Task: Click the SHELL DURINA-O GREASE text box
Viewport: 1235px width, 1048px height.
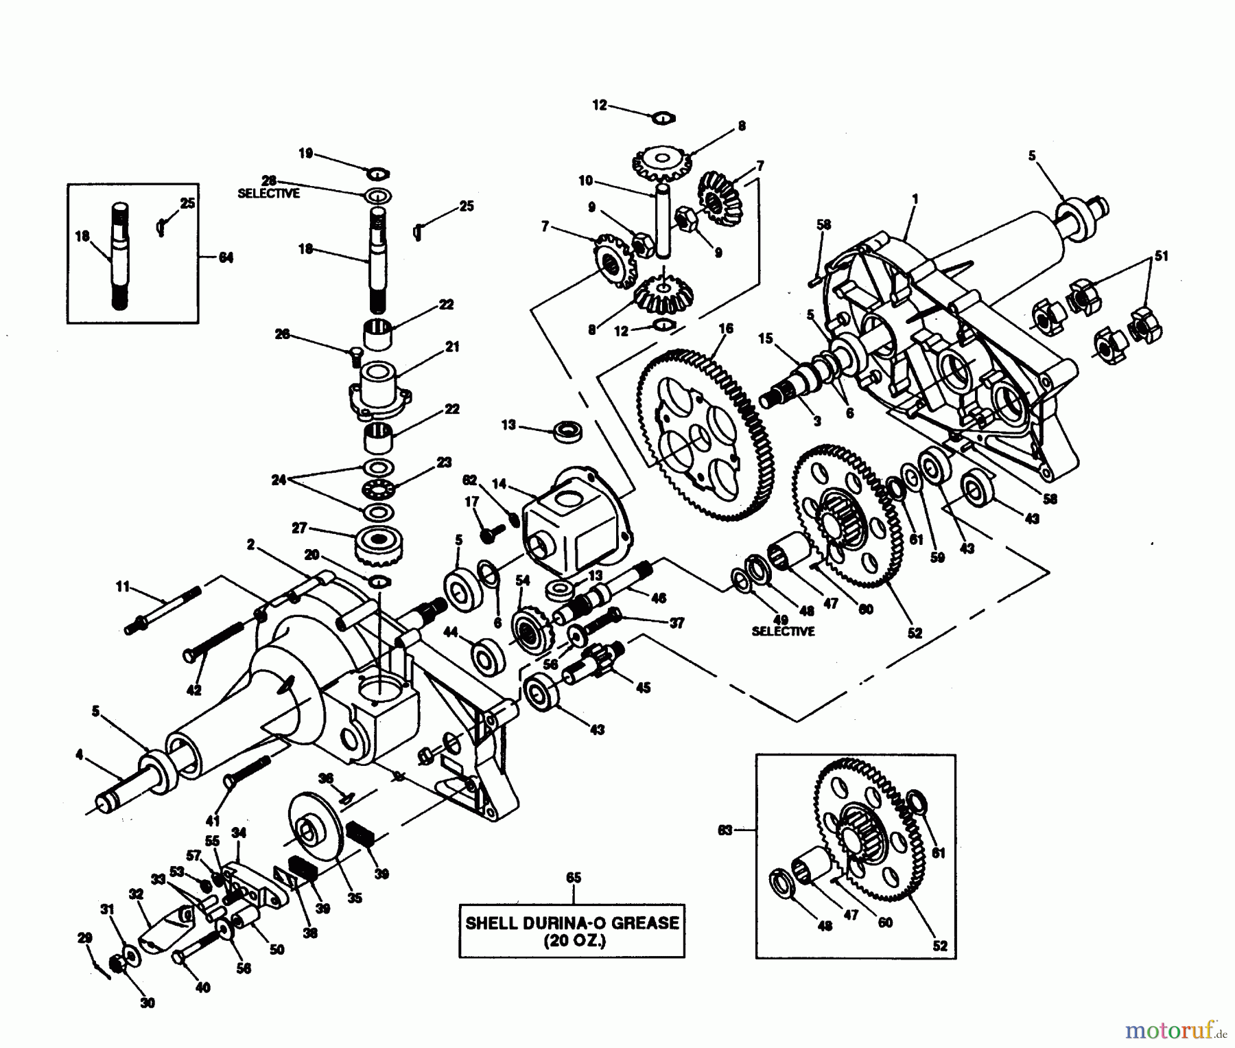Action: [x=572, y=931]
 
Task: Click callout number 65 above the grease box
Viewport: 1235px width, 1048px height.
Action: [x=573, y=878]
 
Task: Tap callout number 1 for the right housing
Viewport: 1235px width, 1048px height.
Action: [x=915, y=199]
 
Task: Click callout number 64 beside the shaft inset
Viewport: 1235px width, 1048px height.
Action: [x=226, y=257]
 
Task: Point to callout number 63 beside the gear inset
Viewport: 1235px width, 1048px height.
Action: [x=725, y=830]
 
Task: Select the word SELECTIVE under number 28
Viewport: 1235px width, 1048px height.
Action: [x=268, y=194]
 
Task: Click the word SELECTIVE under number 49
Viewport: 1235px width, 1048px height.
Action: [x=783, y=631]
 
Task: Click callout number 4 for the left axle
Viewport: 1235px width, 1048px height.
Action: [x=79, y=755]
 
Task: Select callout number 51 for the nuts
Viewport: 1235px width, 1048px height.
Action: [x=1161, y=256]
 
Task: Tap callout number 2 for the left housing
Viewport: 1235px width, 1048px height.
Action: [x=250, y=544]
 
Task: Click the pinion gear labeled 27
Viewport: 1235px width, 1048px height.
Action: [x=379, y=546]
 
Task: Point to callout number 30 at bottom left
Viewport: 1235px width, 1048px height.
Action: [x=148, y=1002]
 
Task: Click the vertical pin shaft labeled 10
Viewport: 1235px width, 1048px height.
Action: [x=663, y=220]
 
